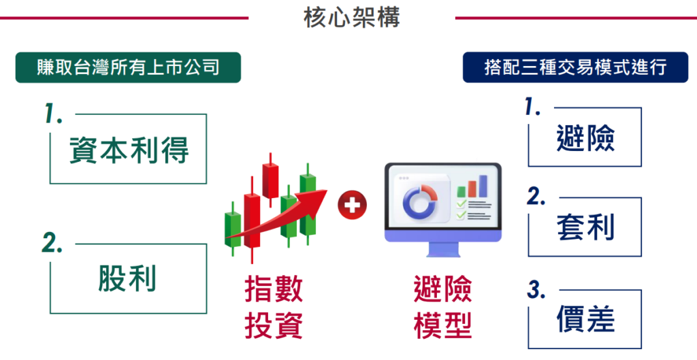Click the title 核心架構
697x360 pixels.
click(352, 18)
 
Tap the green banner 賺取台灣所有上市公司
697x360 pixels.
click(128, 67)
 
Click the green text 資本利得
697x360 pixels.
click(129, 150)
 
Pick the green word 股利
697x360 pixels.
click(127, 278)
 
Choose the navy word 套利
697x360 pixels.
click(585, 227)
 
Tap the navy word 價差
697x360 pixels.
click(585, 319)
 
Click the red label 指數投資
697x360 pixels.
click(274, 308)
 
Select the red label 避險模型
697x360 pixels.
click(442, 308)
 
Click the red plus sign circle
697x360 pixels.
click(352, 206)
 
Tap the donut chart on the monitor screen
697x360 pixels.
click(420, 201)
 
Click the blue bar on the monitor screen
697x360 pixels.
click(483, 186)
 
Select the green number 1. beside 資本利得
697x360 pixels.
click(53, 114)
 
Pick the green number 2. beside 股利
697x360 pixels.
click(52, 244)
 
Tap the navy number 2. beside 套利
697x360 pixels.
click(536, 196)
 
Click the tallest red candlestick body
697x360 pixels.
click(252, 220)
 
